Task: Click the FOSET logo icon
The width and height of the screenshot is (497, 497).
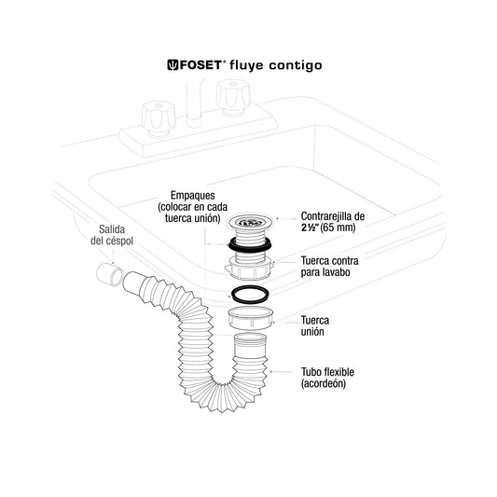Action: (173, 64)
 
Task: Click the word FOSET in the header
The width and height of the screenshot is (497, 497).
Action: (201, 65)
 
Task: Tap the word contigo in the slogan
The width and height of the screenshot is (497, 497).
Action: (296, 66)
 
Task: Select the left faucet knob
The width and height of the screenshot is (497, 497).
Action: (159, 118)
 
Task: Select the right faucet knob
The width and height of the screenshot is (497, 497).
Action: (233, 97)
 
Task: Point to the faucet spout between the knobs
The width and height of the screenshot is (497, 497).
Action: (195, 104)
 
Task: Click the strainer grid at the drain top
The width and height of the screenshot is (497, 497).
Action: (250, 221)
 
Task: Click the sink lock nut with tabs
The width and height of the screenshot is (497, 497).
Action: (250, 269)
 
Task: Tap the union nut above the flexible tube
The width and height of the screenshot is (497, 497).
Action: (251, 318)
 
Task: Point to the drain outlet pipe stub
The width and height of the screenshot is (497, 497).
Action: (109, 275)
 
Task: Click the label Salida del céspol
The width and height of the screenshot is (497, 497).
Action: (112, 235)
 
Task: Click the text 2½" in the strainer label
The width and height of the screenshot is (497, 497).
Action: (310, 228)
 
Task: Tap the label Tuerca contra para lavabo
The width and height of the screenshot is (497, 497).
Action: (330, 267)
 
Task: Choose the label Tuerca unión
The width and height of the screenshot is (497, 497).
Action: (315, 325)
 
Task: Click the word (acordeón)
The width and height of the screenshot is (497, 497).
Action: (324, 383)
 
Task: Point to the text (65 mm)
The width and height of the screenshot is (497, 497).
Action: (338, 228)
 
